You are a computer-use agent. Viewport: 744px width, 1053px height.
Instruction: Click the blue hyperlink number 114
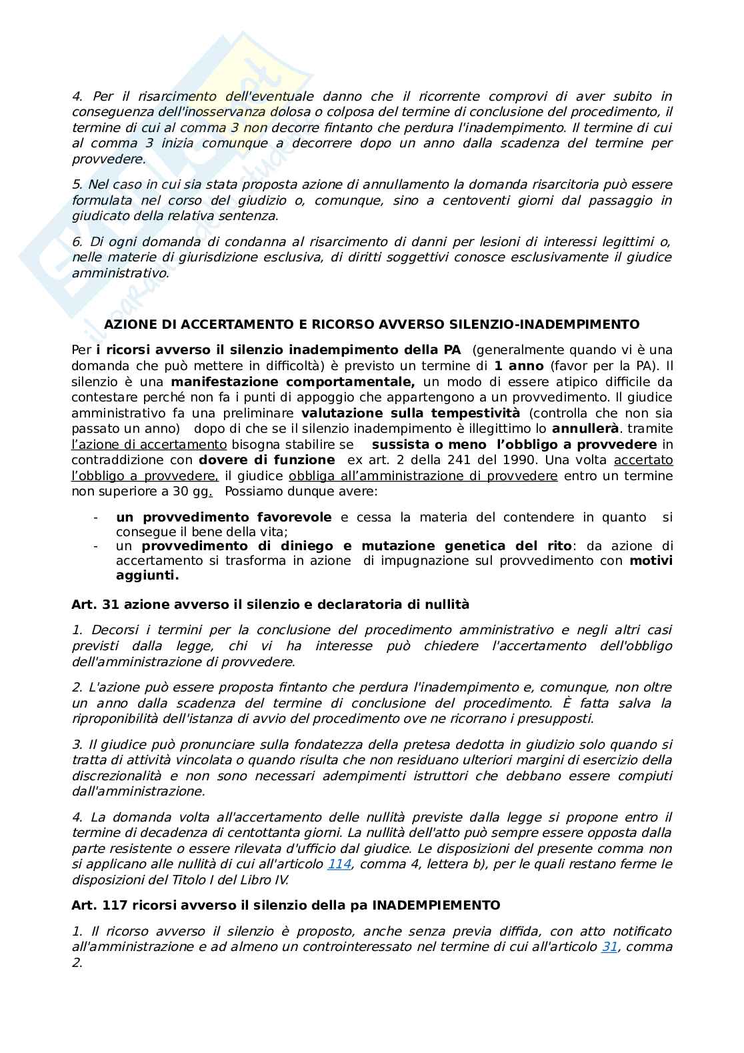point(339,864)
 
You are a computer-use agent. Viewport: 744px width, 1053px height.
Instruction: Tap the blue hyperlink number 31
point(609,946)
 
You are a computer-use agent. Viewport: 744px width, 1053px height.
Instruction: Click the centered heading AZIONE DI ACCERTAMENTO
point(371,324)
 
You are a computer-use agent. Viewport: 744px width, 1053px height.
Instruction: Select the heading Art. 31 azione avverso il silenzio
point(270,604)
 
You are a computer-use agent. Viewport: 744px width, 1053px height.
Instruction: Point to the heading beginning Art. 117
point(285,905)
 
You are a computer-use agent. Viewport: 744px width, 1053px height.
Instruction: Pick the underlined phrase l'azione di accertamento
point(149,444)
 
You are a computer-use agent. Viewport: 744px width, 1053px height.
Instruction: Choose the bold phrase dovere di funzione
point(267,459)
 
